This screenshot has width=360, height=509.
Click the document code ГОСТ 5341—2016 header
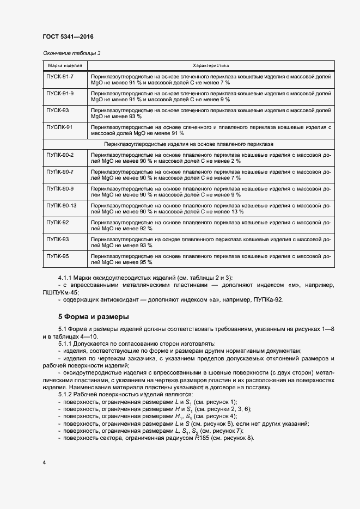[68, 36]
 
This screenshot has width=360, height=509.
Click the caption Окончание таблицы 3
[71, 53]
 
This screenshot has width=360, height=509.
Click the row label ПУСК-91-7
[60, 77]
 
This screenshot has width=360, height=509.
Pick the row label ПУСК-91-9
[60, 94]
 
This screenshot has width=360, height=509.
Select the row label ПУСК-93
[57, 111]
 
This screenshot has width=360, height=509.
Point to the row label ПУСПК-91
[59, 127]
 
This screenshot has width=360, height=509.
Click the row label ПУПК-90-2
[60, 155]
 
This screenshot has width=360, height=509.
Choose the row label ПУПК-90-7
[60, 172]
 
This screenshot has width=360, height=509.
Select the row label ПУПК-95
[57, 256]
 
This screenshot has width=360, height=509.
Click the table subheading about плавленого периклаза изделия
[188, 144]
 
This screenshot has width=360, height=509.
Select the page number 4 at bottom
[44, 463]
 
